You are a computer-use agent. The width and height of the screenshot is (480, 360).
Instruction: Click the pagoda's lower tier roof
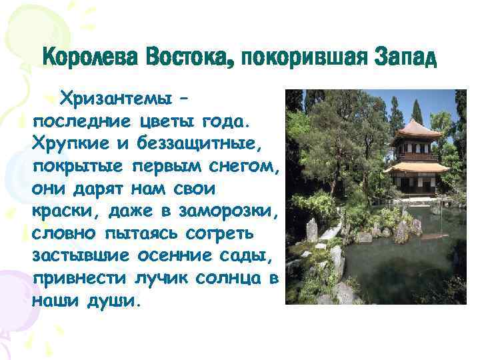(416, 167)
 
